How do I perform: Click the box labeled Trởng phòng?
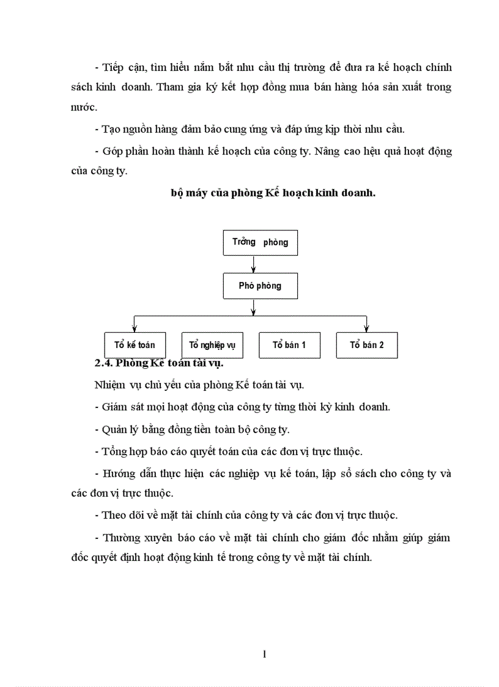[260, 242]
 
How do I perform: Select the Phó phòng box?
[260, 286]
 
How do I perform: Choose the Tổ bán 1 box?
[289, 345]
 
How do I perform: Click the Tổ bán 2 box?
[367, 345]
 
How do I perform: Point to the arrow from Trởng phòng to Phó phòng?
[254, 264]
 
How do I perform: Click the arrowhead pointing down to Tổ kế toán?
[134, 329]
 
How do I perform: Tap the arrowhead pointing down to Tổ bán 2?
[366, 329]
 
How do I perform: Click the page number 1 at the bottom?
[264, 654]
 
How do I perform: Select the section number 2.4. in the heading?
[105, 363]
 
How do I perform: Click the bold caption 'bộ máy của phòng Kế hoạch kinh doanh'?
[273, 193]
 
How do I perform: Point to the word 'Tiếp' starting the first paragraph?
[113, 67]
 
